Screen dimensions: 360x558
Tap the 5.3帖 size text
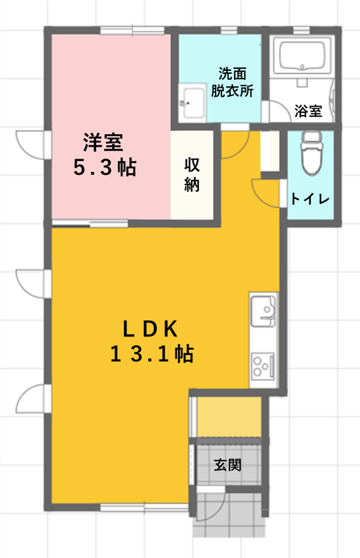[105, 167]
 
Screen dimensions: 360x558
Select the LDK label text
[150, 329]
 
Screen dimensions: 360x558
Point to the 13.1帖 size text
[152, 353]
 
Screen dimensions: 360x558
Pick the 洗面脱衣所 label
[232, 82]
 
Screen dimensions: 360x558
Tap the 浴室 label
[308, 111]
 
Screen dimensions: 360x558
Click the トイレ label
[310, 199]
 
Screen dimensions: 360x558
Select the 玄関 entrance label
[228, 465]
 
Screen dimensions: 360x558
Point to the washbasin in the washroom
[192, 102]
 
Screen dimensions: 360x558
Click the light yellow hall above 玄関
[229, 416]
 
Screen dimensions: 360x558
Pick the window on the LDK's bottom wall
[144, 507]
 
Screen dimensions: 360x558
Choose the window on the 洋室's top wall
[132, 30]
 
